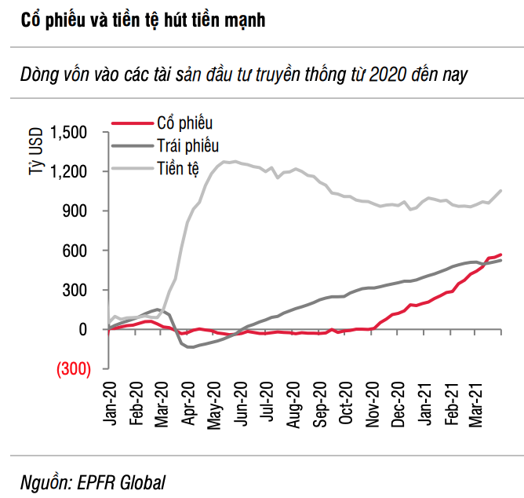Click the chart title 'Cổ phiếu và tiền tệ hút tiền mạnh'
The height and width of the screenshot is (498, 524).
coord(144,20)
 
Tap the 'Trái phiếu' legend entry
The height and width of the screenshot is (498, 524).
coord(188,145)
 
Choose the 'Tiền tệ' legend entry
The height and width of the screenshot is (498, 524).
coord(179,167)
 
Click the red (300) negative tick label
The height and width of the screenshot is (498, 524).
coord(72,368)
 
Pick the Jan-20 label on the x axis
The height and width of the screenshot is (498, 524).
coord(110,405)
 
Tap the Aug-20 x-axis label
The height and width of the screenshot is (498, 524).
coord(294,405)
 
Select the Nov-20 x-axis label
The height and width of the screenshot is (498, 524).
coord(374,405)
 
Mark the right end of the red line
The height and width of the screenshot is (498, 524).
coord(500,254)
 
